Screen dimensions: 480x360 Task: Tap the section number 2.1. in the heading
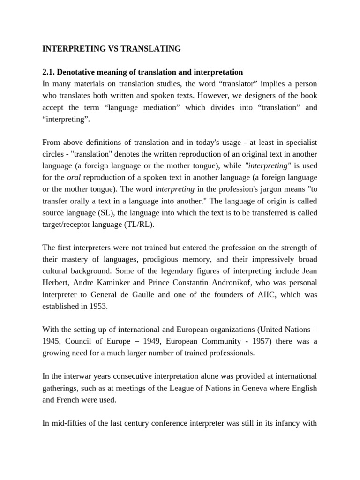point(50,72)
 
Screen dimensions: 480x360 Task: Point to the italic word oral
point(74,178)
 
